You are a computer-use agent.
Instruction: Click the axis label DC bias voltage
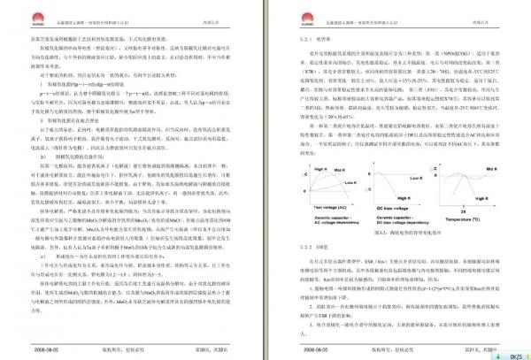click(395, 209)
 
